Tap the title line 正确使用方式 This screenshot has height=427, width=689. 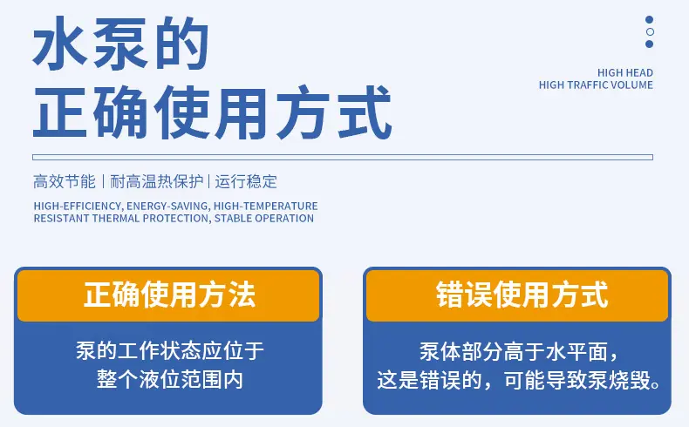212,112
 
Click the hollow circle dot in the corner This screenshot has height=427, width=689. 650,31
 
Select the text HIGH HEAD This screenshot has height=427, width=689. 624,72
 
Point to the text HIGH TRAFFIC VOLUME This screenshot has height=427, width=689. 596,85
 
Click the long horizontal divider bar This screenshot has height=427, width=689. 343,157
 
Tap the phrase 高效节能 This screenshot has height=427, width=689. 65,181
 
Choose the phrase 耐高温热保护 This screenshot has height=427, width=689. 156,181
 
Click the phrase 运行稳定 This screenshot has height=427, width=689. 246,181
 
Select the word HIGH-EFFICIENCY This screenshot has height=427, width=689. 78,206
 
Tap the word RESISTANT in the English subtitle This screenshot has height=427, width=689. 62,218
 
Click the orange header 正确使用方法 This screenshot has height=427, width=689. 168,295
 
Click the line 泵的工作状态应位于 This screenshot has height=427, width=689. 169,350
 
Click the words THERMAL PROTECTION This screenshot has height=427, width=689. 151,218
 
